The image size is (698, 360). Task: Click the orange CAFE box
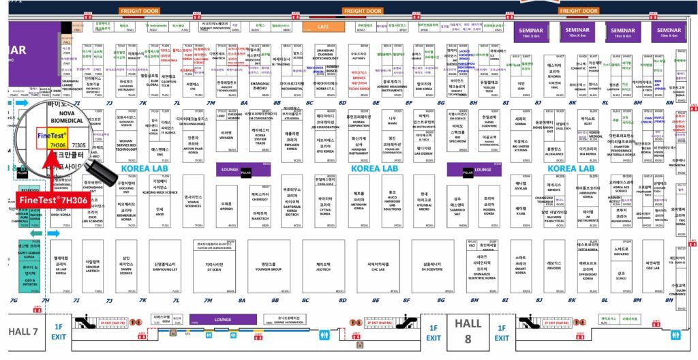[x=324, y=27]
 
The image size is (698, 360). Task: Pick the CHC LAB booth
[x=379, y=267]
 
